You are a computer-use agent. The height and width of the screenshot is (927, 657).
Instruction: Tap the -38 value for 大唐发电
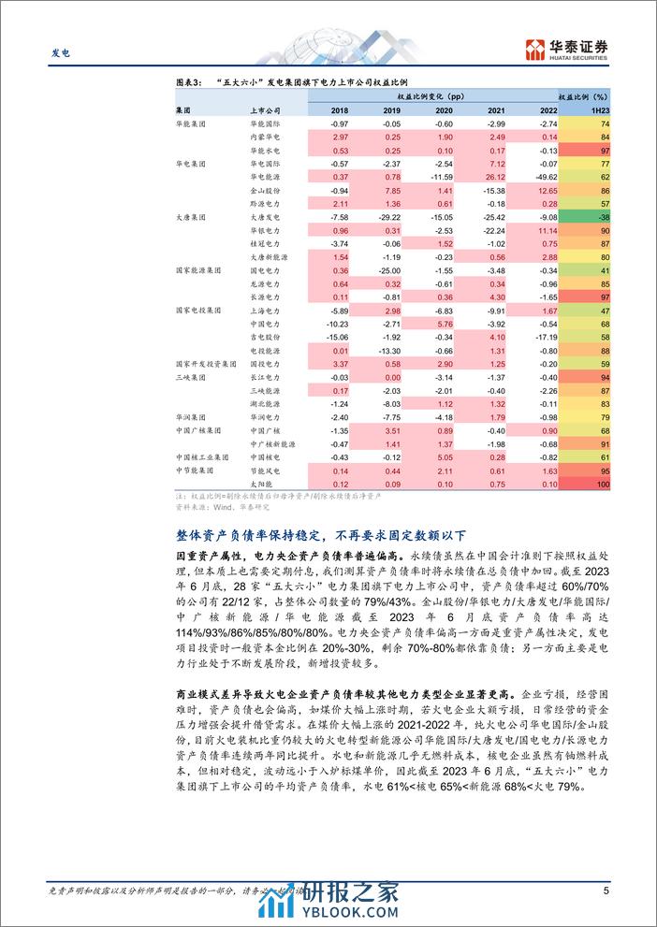point(600,215)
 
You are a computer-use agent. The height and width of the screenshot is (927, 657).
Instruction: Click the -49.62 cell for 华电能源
point(546,176)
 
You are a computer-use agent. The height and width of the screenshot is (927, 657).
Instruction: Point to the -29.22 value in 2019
point(387,215)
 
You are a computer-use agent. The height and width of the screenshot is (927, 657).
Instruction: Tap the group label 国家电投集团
point(196,308)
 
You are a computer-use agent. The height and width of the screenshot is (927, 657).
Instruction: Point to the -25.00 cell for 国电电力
point(387,268)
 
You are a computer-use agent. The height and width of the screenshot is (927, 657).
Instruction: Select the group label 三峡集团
point(188,376)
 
